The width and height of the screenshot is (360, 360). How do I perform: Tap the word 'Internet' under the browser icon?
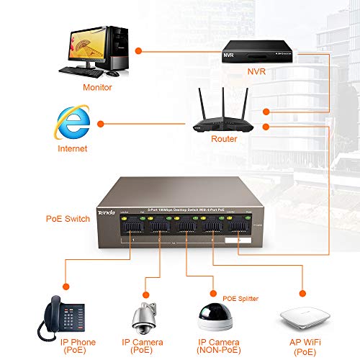71,148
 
